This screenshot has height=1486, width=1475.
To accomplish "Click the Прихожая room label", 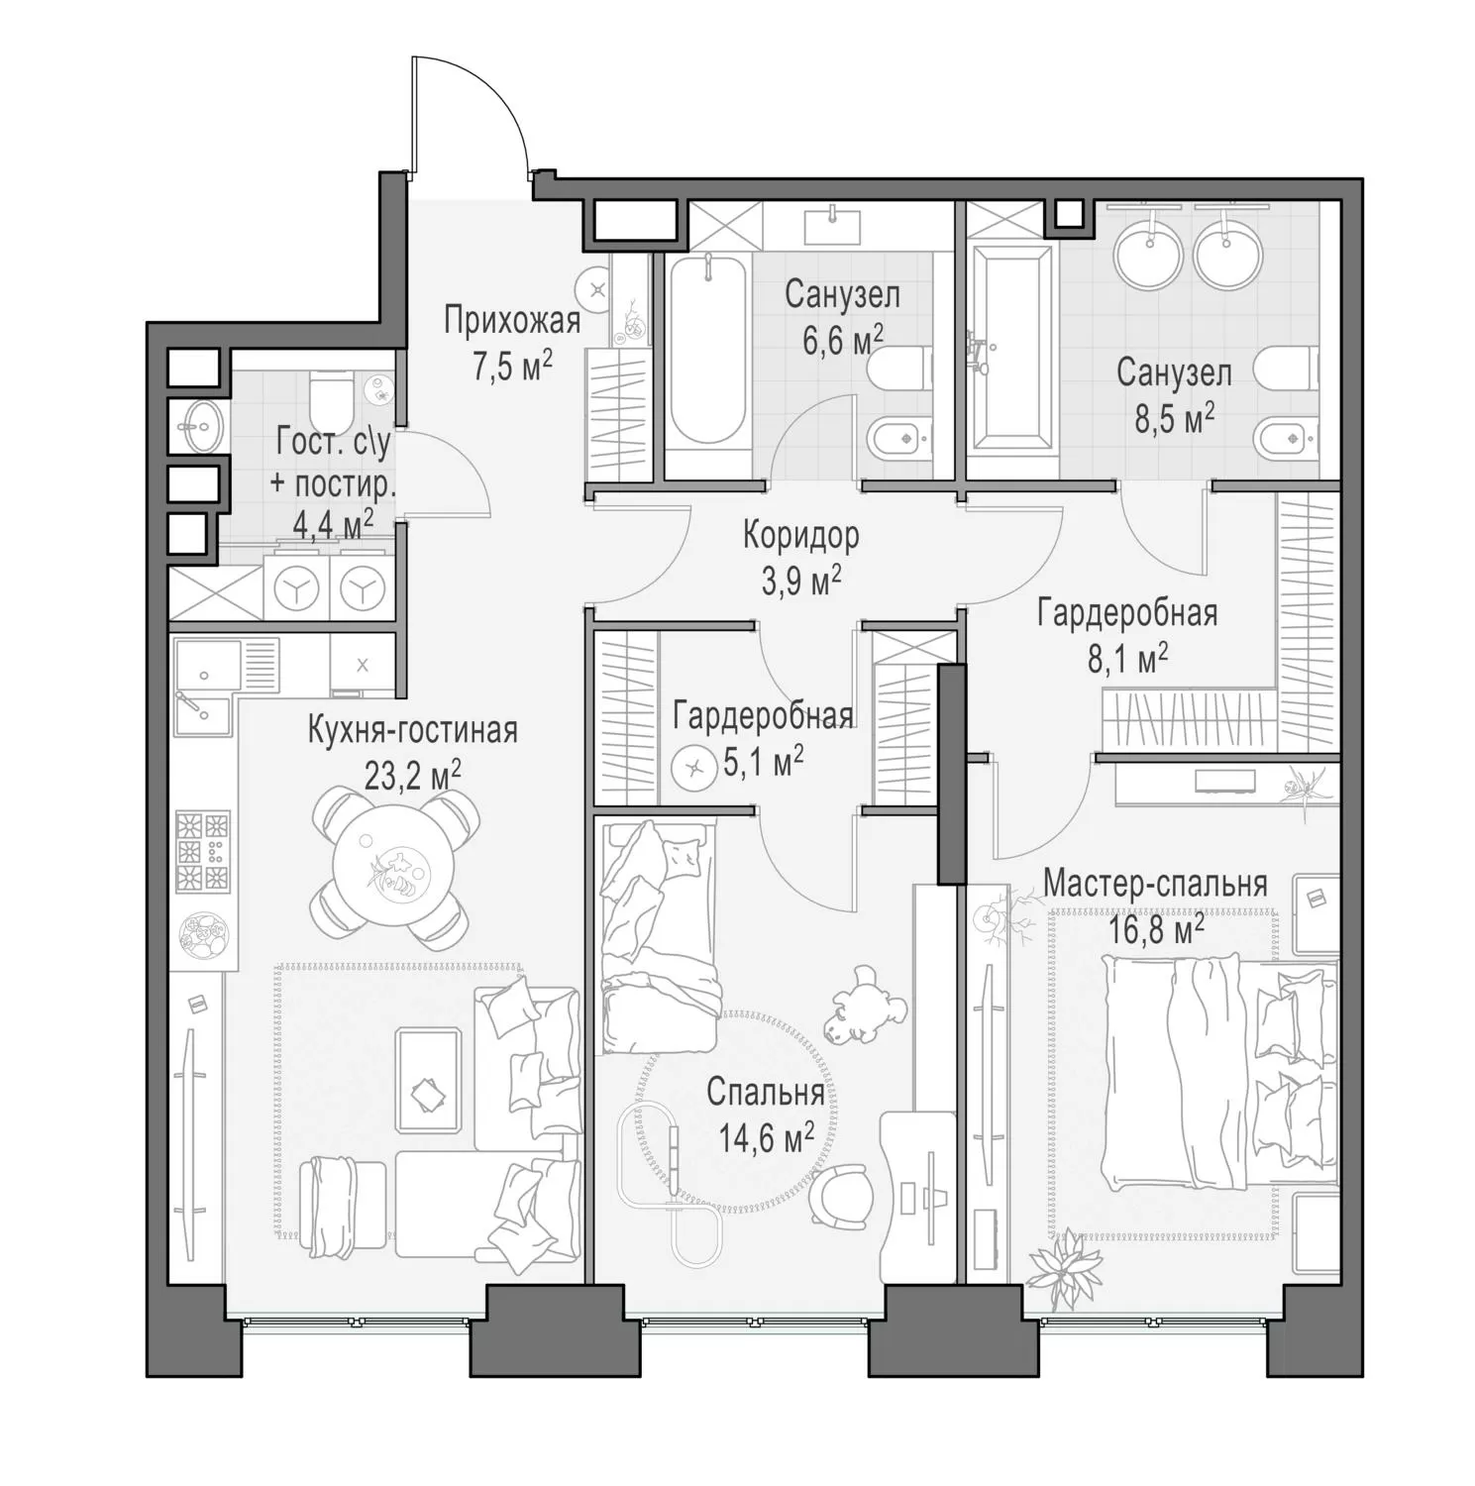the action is coord(511,321).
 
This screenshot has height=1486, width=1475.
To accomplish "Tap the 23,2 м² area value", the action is coord(412,776).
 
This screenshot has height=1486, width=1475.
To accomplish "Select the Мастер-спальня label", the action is coord(1155,884).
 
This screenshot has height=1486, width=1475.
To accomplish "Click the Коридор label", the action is coord(801,536).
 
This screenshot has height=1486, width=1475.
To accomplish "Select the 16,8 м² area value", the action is coord(1155,930).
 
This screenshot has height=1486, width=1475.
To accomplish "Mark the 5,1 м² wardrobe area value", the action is coord(764,764).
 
